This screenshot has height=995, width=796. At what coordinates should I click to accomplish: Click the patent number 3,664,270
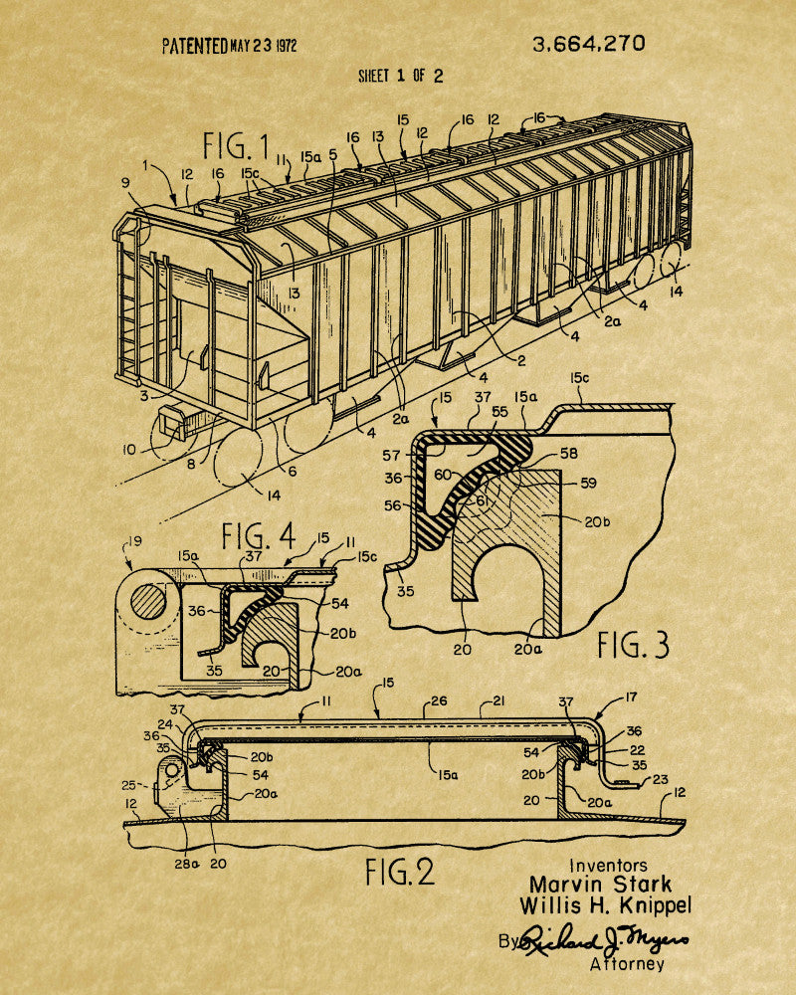(588, 44)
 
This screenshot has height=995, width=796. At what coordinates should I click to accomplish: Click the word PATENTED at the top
(194, 46)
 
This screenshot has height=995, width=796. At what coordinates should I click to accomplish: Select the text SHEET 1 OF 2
(401, 77)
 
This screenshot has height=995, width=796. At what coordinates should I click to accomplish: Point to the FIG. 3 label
(633, 646)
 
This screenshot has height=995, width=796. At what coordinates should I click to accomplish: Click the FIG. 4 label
(259, 536)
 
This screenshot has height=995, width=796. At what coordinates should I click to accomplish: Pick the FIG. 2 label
(400, 872)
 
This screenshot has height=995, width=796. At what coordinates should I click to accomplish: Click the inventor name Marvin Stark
(601, 885)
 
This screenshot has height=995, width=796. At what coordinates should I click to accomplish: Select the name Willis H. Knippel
(605, 905)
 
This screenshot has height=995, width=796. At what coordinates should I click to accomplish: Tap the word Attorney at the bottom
(627, 964)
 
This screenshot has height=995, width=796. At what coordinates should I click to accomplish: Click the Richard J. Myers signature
(604, 940)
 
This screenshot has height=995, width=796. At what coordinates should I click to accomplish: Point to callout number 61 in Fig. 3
(483, 501)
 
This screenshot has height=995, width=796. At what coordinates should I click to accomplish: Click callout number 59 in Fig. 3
(588, 483)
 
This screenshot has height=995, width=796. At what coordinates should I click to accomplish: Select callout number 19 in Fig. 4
(134, 542)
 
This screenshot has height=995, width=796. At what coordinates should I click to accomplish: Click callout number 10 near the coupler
(129, 450)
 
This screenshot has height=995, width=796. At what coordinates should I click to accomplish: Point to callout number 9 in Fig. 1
(125, 183)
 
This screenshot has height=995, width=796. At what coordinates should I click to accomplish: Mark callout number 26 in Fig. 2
(439, 701)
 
